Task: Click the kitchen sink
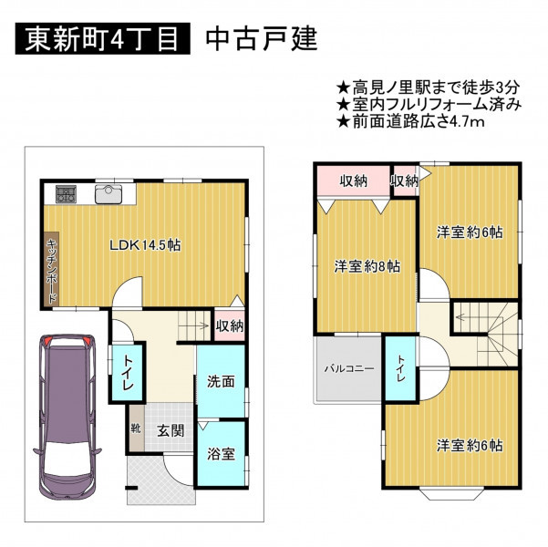coord(109,194)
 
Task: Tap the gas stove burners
coord(66,194)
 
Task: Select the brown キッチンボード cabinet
coord(51,268)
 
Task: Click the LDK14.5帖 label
coord(145,245)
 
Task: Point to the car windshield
coord(67,459)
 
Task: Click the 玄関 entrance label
coord(171,430)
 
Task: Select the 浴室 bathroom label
coord(221,454)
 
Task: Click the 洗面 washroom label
coord(221,382)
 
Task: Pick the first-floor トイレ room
coord(127,373)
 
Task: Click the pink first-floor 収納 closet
coord(229,325)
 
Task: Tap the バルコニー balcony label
coord(349,368)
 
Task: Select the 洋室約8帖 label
coord(367,267)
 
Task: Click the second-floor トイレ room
coord(400,368)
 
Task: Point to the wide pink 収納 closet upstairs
coord(354,181)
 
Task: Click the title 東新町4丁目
coord(102,38)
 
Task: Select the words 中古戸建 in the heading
coord(262,38)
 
